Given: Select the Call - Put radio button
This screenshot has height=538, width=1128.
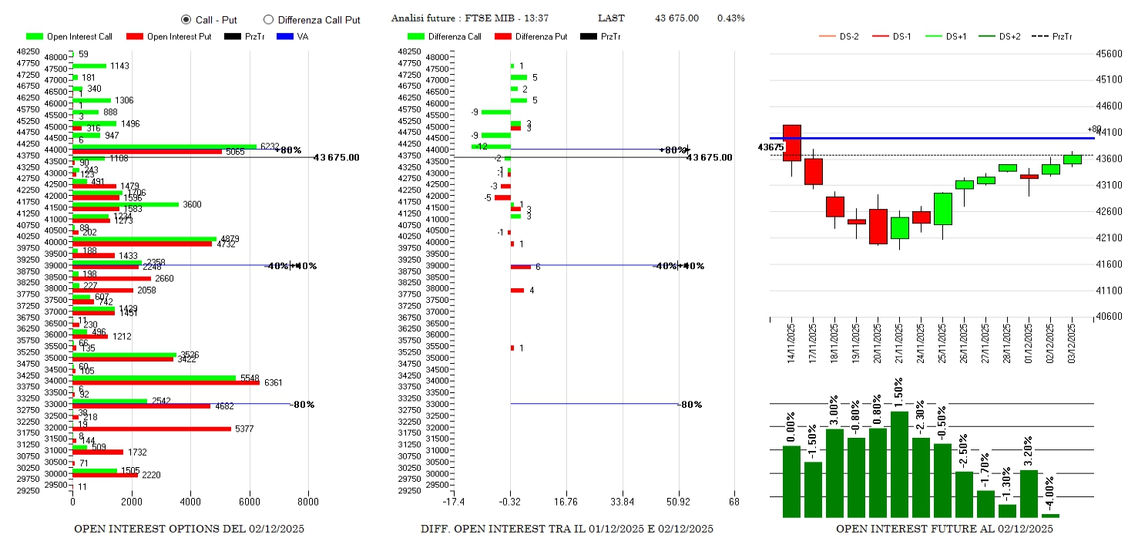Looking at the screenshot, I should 186,19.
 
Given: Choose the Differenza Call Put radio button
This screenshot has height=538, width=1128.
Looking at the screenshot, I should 268,19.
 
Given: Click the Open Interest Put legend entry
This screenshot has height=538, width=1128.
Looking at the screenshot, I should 175,36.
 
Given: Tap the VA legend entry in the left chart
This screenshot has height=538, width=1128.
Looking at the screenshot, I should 295,36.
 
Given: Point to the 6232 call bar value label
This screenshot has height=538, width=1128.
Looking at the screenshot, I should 270,146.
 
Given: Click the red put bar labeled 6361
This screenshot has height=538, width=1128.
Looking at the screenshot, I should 166,382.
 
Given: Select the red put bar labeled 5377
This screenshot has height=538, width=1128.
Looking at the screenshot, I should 152,429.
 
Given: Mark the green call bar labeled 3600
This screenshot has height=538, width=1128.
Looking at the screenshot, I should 126,204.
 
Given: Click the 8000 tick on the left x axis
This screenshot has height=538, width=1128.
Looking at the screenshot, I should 308,502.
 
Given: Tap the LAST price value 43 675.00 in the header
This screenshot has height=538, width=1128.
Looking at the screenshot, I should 676,18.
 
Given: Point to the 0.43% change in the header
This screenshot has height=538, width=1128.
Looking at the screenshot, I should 730,18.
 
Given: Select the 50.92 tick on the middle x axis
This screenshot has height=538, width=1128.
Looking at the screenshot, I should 678,502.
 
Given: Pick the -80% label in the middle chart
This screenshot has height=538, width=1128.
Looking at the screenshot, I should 690,404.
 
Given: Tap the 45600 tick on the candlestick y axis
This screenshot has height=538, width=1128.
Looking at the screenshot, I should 1110,53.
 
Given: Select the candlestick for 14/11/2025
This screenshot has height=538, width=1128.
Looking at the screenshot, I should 791,143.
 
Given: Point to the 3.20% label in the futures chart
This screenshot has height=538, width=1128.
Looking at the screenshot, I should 1029,451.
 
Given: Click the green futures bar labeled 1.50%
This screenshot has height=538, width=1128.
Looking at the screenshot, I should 899,465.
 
